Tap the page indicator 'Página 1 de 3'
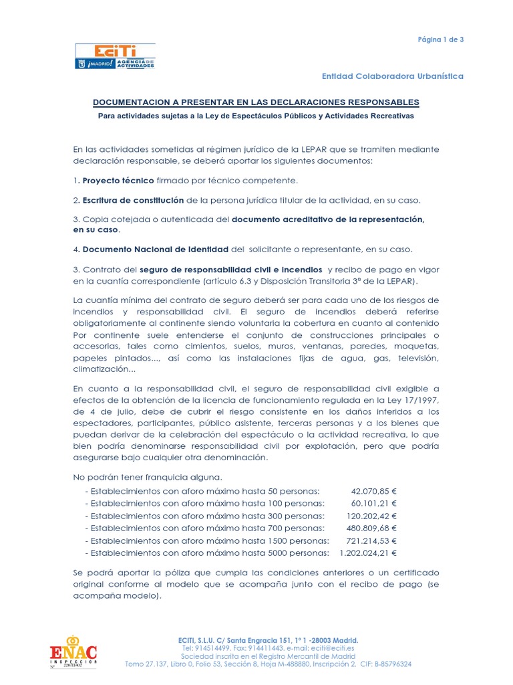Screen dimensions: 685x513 (x=440, y=39)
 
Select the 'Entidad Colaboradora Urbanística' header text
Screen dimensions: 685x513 (x=402, y=76)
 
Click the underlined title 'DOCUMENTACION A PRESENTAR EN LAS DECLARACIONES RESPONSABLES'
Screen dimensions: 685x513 (x=255, y=102)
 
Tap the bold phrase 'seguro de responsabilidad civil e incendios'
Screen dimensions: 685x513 (x=215, y=270)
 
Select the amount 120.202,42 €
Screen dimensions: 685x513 (x=371, y=516)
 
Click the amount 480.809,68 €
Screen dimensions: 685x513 (x=371, y=528)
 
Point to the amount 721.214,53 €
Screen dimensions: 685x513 (x=371, y=541)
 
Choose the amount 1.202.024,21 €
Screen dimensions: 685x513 (x=367, y=553)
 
